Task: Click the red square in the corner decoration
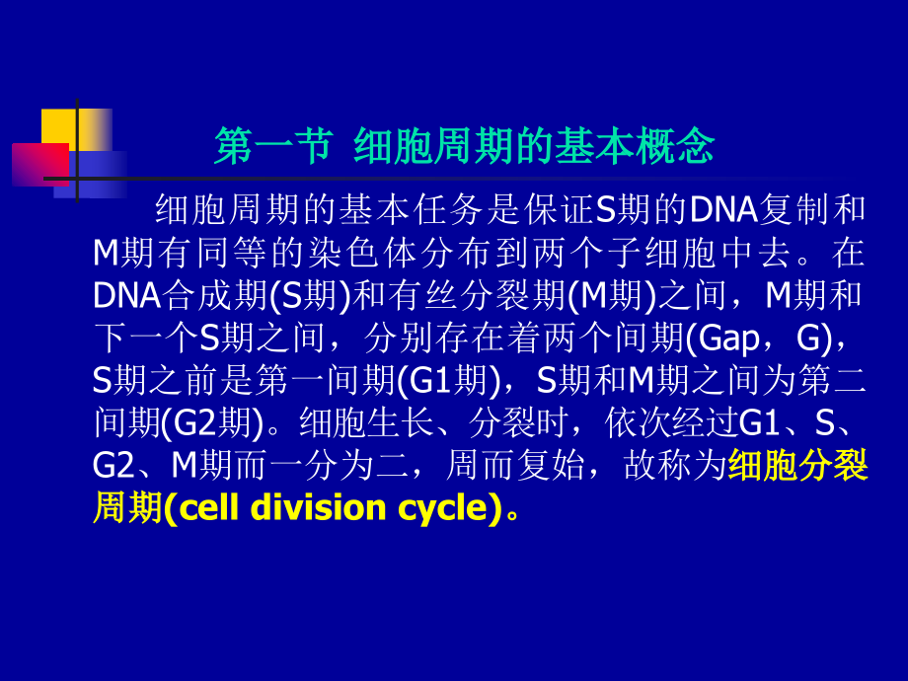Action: pyautogui.click(x=38, y=164)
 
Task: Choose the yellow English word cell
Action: pyautogui.click(x=208, y=508)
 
